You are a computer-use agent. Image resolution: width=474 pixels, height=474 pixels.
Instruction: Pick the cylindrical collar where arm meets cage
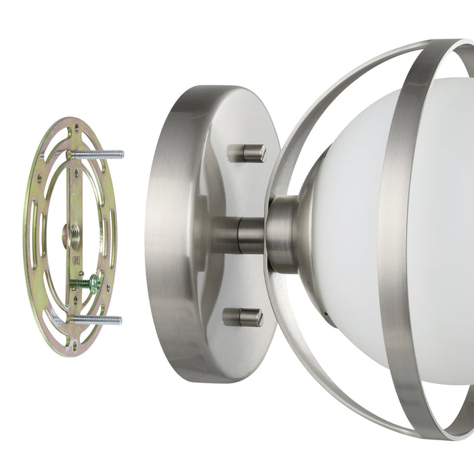(x=281, y=234)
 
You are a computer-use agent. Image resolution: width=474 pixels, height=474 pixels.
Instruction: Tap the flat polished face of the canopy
(x=223, y=190)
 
